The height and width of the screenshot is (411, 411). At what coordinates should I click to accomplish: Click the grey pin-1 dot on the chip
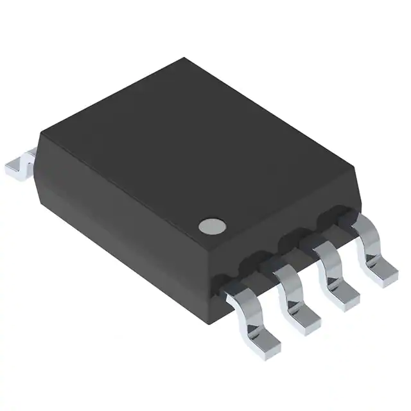point(211,225)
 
